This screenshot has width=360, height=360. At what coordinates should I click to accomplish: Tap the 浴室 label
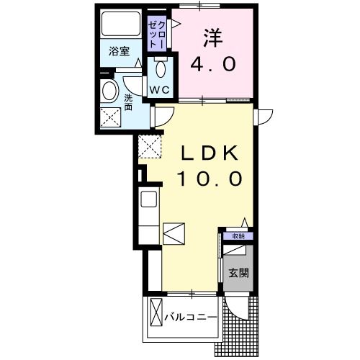coord(119,52)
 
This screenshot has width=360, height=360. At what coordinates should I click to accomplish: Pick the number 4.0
coord(213,65)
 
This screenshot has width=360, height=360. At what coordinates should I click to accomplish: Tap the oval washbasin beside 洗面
coord(110,91)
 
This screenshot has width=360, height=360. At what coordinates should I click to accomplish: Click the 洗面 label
coord(129,102)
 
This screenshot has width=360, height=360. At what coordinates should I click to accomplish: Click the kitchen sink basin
coord(148,200)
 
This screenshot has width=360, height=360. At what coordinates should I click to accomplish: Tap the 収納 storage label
coord(238,235)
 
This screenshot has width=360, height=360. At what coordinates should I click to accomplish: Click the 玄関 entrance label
coord(238,274)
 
